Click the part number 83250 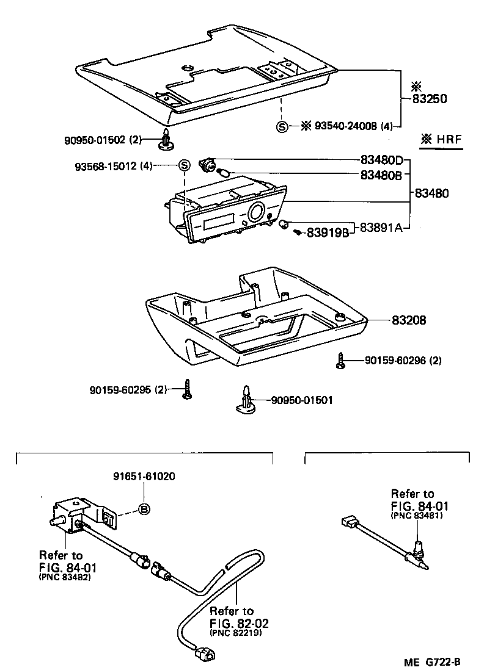click(431, 98)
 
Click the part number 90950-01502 click(95, 140)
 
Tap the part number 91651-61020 click(144, 477)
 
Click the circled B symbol click(144, 510)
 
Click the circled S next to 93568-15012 click(184, 165)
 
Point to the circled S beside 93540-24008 click(282, 127)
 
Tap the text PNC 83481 click(416, 516)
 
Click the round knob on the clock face click(257, 213)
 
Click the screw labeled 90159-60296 click(340, 361)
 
